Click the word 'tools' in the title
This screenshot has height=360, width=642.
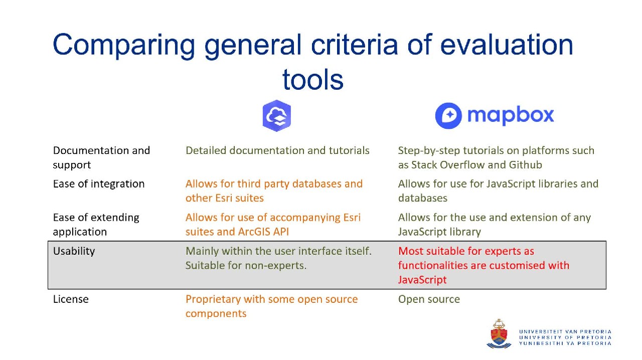312,80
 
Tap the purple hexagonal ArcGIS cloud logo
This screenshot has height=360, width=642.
277,116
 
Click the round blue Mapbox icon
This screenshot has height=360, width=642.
448,115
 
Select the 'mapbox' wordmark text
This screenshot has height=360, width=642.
511,116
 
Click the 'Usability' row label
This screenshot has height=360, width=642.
74,251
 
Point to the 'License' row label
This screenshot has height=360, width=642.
71,299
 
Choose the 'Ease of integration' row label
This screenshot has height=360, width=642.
99,184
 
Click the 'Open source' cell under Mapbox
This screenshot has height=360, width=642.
429,299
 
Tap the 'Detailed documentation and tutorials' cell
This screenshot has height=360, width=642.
277,150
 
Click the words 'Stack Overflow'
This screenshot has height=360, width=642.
448,165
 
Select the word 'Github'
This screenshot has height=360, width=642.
525,165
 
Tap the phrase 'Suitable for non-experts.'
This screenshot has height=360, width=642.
246,266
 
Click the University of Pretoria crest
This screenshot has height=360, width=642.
499,334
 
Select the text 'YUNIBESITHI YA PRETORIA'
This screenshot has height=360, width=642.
565,343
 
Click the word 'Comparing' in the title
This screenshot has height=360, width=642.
124,45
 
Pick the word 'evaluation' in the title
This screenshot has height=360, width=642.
507,45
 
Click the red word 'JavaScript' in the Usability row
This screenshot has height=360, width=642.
422,280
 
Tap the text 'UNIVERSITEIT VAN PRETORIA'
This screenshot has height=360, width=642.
565,331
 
